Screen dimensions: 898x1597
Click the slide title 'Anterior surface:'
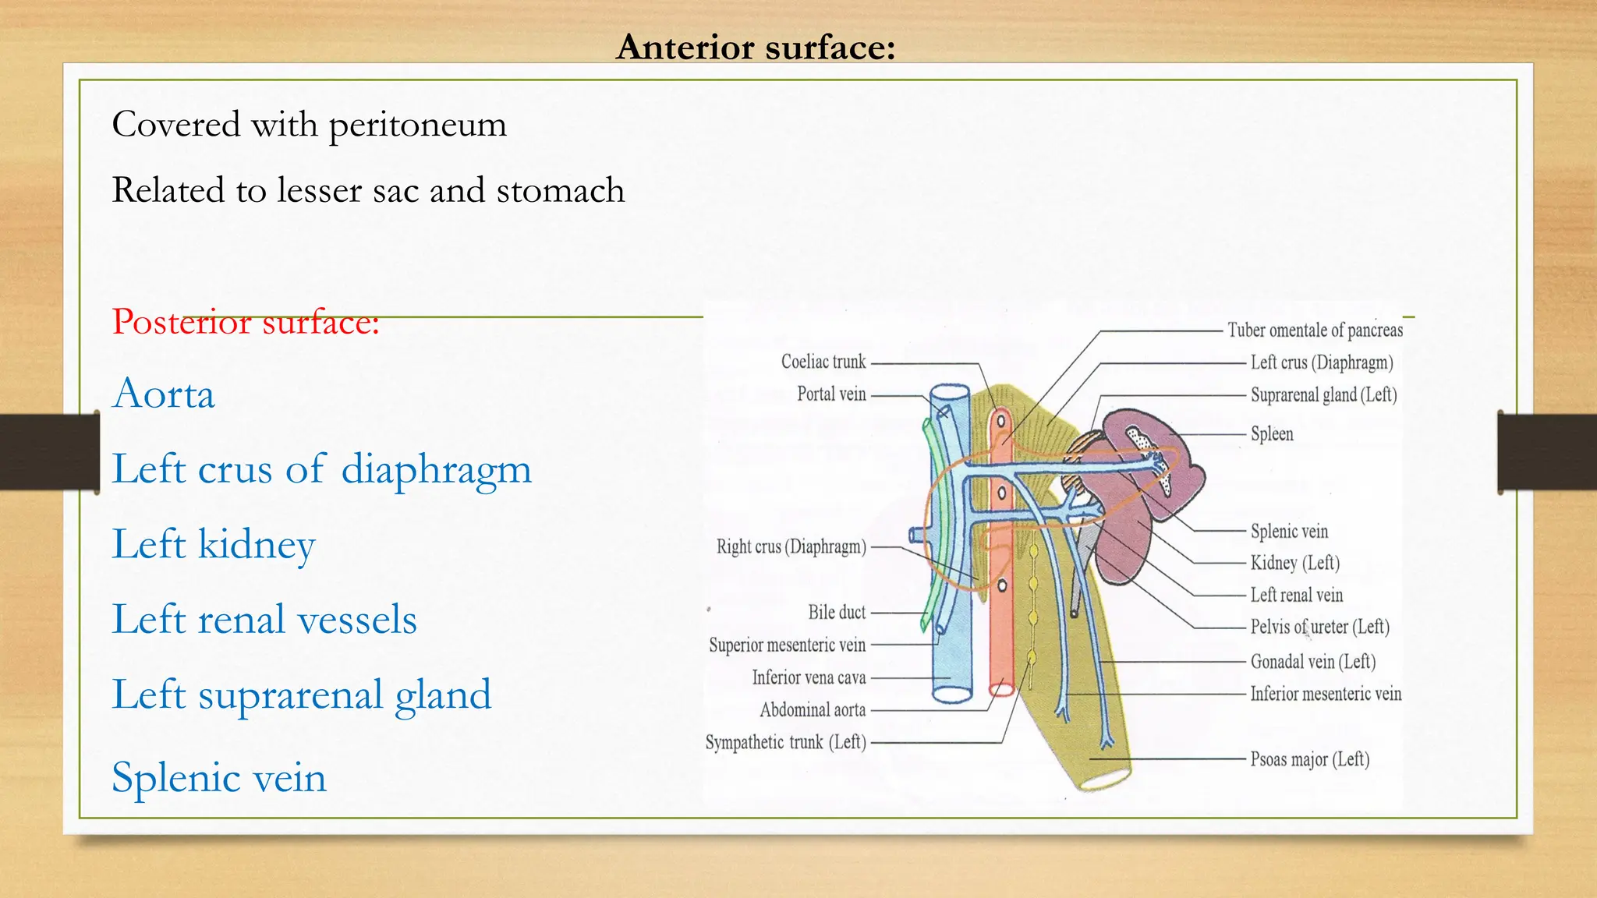[756, 47]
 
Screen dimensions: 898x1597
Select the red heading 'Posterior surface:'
[246, 321]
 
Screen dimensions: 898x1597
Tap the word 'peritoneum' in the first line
[418, 125]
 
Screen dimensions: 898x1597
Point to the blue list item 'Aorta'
[164, 394]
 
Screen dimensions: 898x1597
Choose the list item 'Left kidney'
[214, 544]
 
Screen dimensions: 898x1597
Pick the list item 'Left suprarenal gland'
[302, 695]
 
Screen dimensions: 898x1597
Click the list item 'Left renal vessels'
[264, 620]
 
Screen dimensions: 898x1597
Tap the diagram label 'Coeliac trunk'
[823, 362]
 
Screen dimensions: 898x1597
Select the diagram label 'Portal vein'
[831, 394]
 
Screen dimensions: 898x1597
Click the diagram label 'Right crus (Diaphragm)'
[791, 546]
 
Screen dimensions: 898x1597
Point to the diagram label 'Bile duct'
[837, 613]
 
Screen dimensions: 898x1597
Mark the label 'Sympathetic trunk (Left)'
[786, 742]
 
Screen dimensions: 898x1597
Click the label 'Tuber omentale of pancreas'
[1315, 331]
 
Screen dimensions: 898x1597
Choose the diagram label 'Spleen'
[1272, 434]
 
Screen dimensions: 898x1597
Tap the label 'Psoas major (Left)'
[1310, 759]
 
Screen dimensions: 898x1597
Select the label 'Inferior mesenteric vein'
[1326, 694]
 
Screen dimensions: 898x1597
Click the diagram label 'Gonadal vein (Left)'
[1313, 662]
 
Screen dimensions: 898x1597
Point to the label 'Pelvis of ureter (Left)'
[1320, 627]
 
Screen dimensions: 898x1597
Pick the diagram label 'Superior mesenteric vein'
[787, 645]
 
